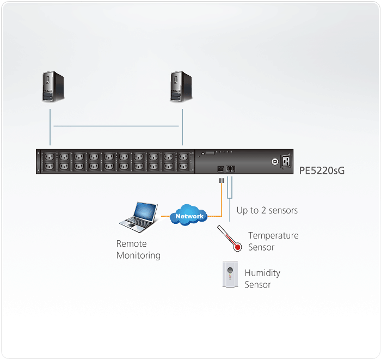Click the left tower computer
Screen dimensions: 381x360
point(53,86)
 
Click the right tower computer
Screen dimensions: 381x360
point(181,86)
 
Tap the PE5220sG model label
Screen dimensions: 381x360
point(322,170)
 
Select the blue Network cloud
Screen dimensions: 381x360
point(188,215)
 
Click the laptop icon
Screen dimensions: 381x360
point(138,217)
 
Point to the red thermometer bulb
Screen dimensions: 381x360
point(237,247)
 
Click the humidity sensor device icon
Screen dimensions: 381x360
point(230,274)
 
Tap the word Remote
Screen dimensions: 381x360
point(132,243)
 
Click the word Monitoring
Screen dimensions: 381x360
point(138,255)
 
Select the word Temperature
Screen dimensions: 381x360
point(273,235)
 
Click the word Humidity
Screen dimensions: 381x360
point(262,273)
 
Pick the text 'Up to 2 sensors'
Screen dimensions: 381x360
point(267,210)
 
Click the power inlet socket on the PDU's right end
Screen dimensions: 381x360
point(286,161)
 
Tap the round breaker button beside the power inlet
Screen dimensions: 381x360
point(275,161)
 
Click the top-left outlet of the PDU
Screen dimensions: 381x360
point(49,157)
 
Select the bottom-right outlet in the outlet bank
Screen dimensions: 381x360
point(183,167)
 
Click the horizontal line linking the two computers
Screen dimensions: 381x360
point(116,126)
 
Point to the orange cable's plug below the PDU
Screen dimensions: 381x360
point(222,181)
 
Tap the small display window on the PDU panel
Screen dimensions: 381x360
point(210,153)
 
